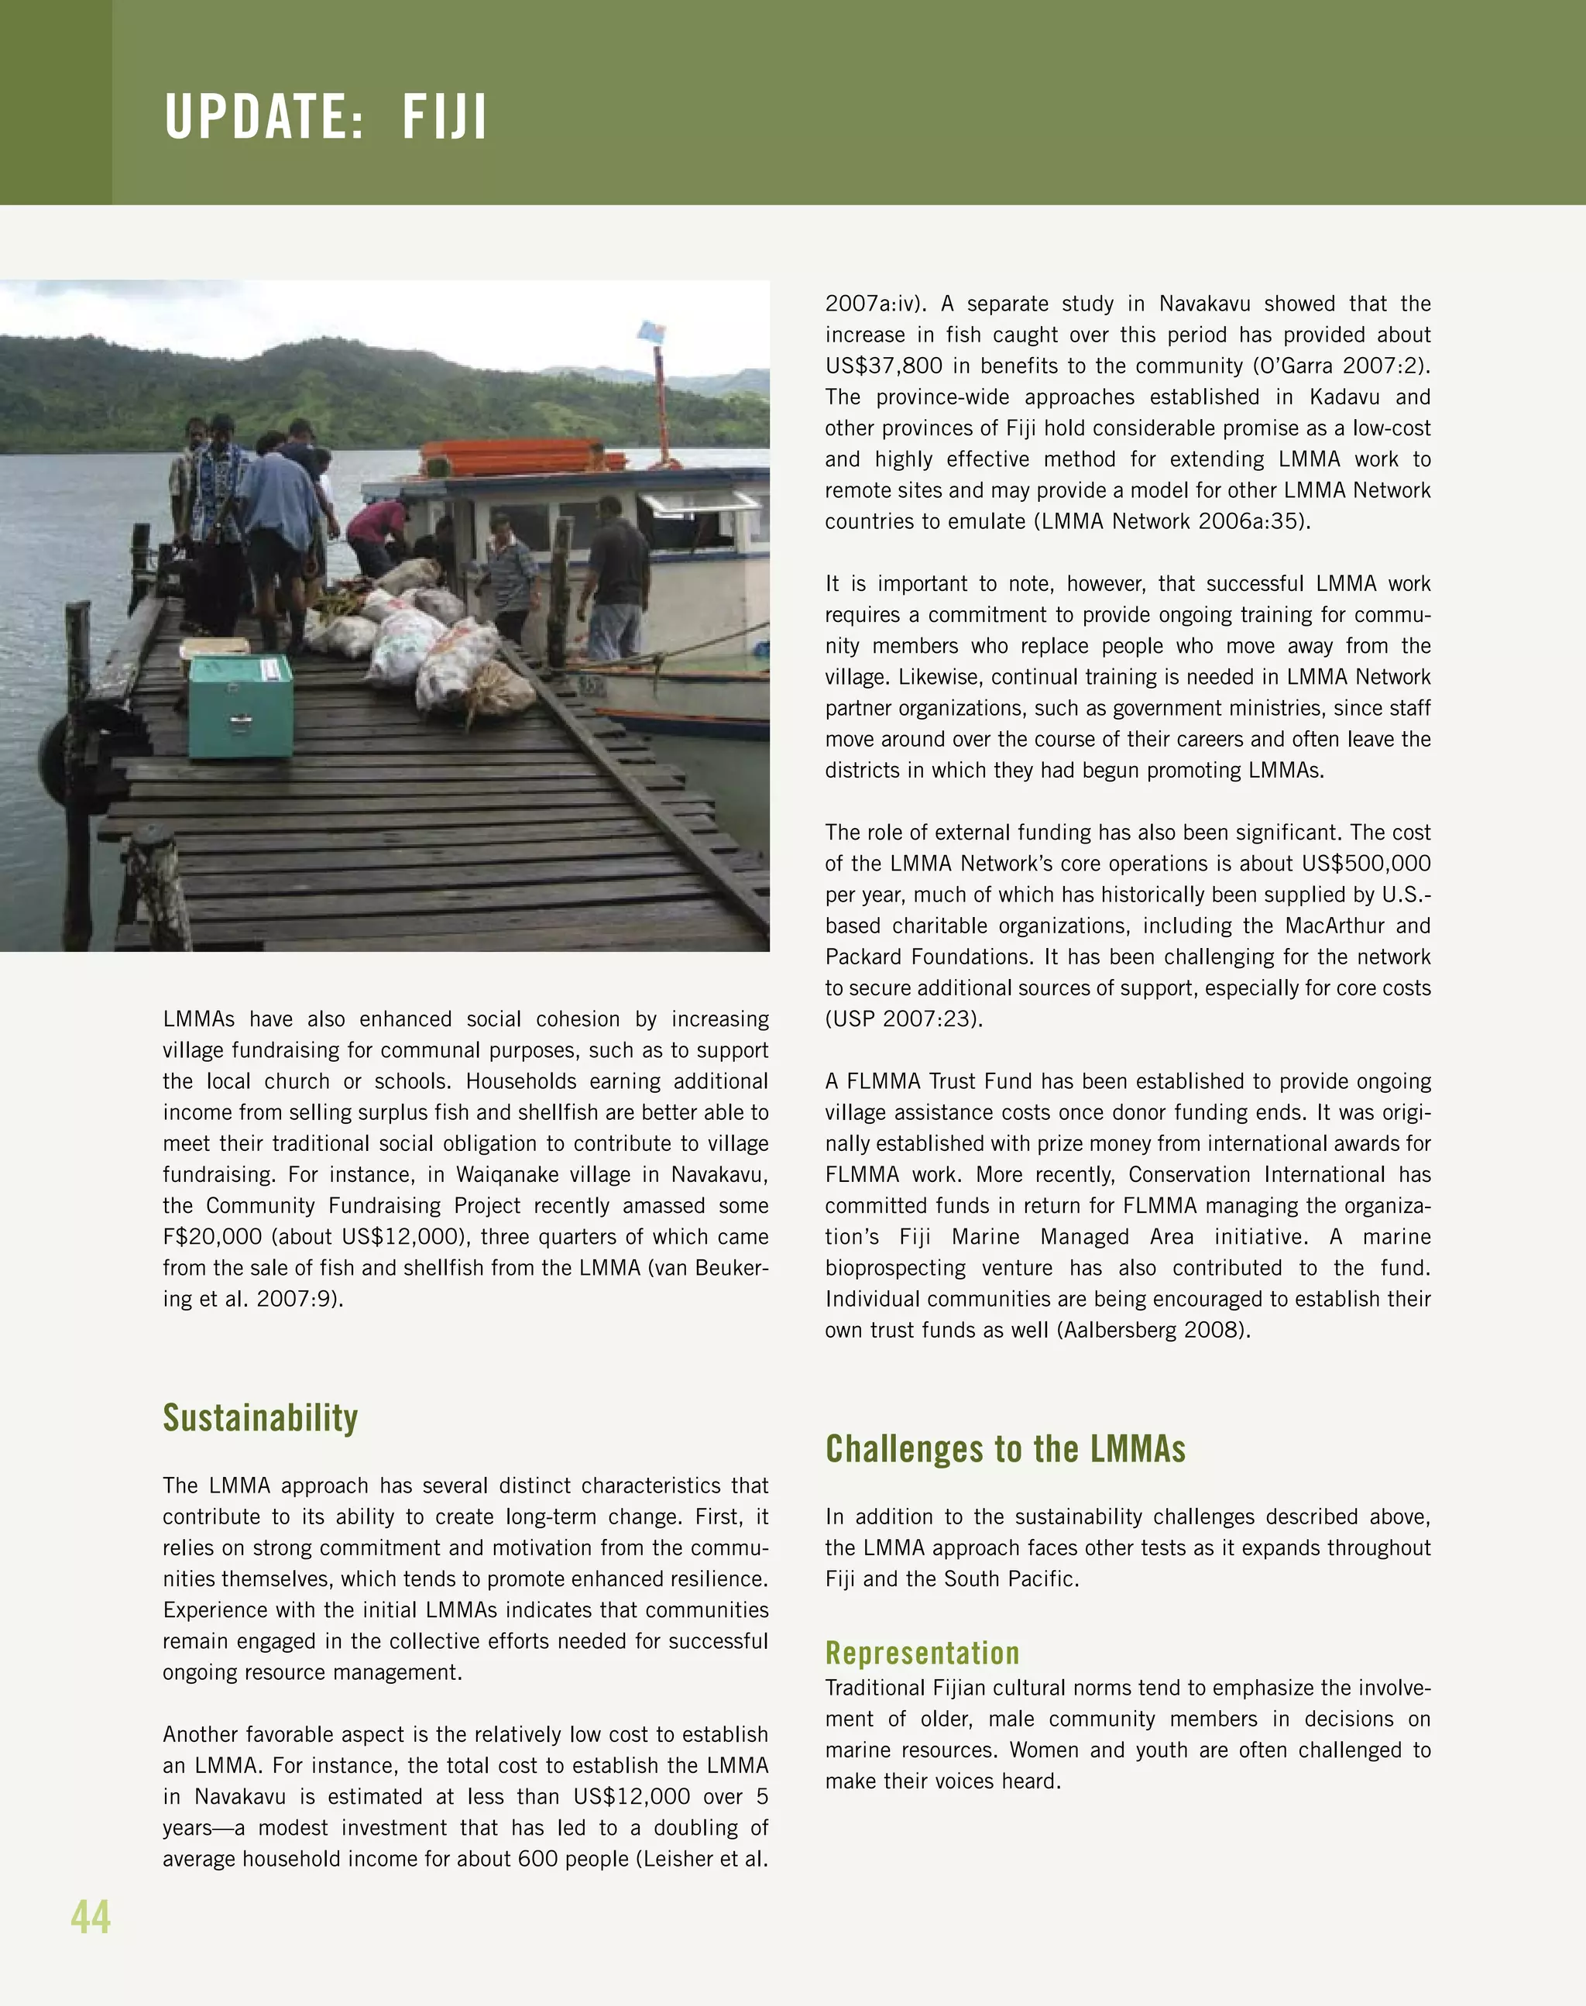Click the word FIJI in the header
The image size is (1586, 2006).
tap(444, 117)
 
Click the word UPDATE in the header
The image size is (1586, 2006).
tap(263, 117)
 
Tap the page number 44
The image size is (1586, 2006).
tap(90, 1917)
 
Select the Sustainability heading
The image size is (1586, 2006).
tap(260, 1418)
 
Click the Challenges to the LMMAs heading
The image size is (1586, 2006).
tap(1004, 1449)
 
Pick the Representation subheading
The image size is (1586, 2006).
tap(922, 1653)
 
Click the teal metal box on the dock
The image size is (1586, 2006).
tap(241, 706)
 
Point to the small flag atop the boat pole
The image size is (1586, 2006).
tap(652, 331)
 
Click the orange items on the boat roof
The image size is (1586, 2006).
tap(510, 457)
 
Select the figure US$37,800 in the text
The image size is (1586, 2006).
tap(883, 366)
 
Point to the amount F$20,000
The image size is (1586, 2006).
tap(211, 1237)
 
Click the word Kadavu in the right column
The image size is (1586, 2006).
tap(1344, 397)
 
